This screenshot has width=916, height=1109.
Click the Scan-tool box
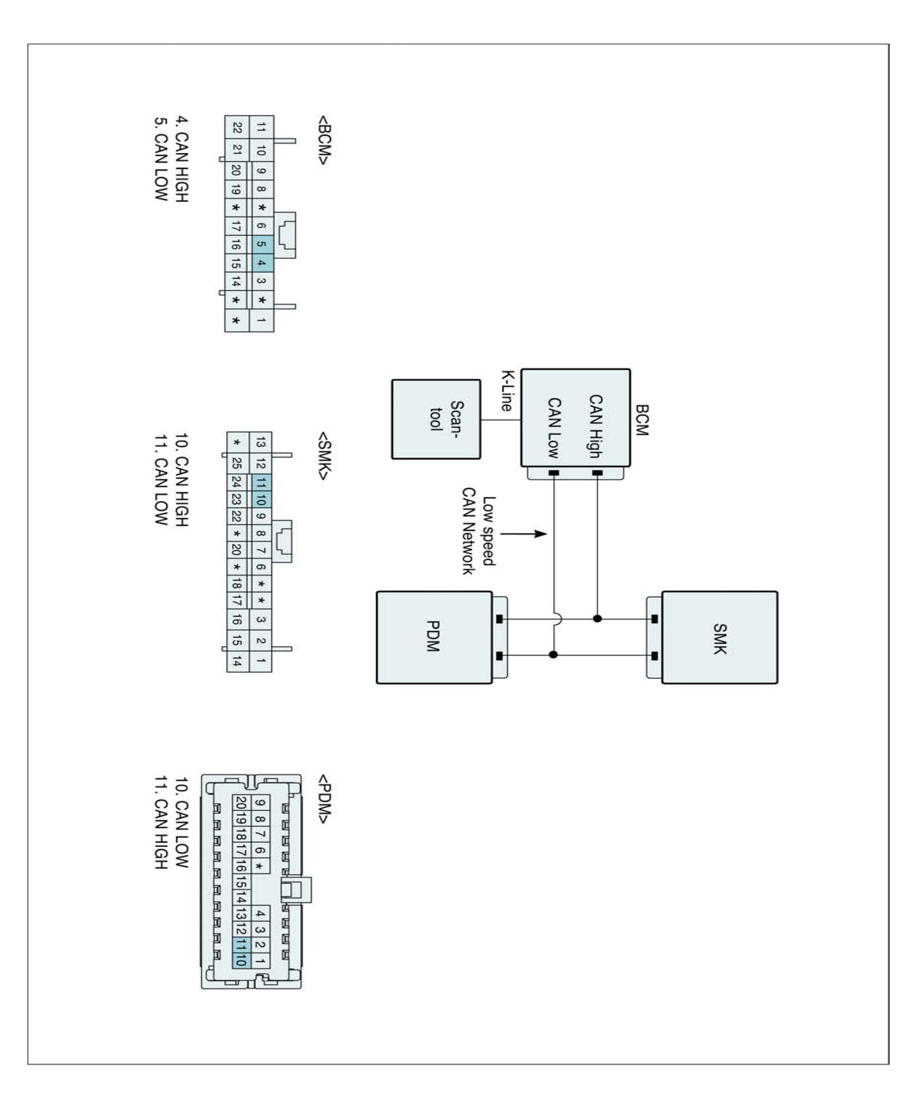pos(436,419)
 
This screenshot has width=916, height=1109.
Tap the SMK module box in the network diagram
pos(720,638)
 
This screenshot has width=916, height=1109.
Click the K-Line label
pos(506,391)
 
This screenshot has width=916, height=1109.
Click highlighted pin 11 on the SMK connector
pos(261,482)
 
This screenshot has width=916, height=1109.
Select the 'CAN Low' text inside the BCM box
pos(554,428)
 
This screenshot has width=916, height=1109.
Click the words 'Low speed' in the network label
pos(489,531)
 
